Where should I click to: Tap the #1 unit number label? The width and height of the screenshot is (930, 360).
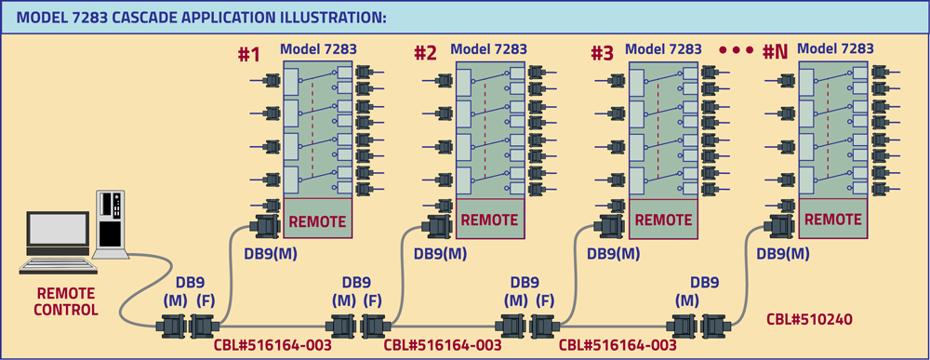click(248, 54)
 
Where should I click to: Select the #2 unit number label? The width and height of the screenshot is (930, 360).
click(425, 54)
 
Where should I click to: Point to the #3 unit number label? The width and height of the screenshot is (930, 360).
click(602, 54)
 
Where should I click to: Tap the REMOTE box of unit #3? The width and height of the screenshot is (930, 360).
click(661, 221)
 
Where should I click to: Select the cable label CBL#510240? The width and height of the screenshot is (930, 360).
click(808, 319)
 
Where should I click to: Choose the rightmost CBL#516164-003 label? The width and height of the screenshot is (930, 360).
click(618, 345)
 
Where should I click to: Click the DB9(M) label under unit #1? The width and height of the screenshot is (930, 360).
click(265, 253)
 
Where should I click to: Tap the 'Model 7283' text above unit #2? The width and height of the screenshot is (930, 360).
click(488, 49)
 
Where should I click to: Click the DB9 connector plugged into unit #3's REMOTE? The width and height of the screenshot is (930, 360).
click(608, 226)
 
